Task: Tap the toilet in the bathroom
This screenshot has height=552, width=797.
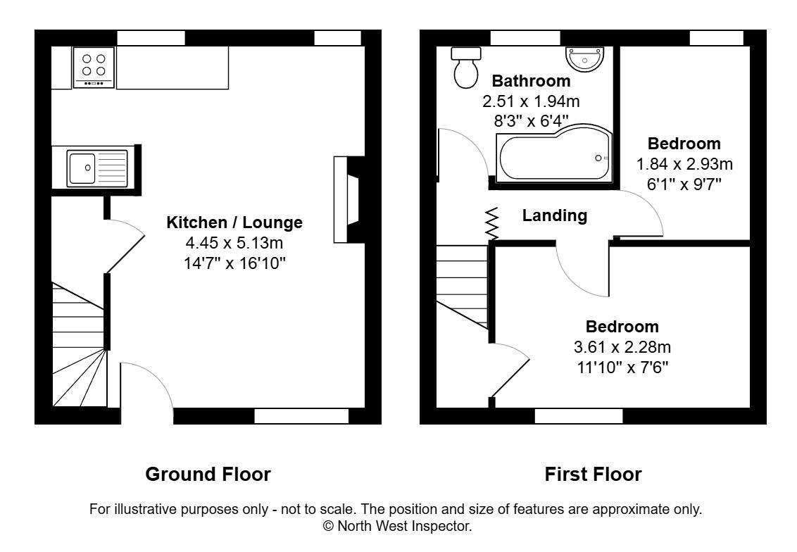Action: click(x=465, y=68)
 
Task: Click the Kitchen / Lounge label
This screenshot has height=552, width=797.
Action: click(x=234, y=222)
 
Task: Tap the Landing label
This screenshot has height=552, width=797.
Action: click(x=554, y=215)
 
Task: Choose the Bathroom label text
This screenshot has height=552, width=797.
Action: click(x=530, y=80)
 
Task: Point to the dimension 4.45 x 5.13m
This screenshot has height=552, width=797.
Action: click(x=234, y=244)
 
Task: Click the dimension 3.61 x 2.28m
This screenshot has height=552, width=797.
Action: click(x=622, y=347)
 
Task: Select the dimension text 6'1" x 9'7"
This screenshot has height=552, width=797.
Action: click(x=684, y=184)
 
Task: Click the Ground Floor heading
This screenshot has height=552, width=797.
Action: click(x=208, y=474)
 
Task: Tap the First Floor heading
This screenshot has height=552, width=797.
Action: click(x=593, y=474)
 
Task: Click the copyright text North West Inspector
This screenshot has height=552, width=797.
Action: click(x=398, y=526)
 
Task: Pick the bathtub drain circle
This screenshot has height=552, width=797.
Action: click(x=598, y=158)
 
